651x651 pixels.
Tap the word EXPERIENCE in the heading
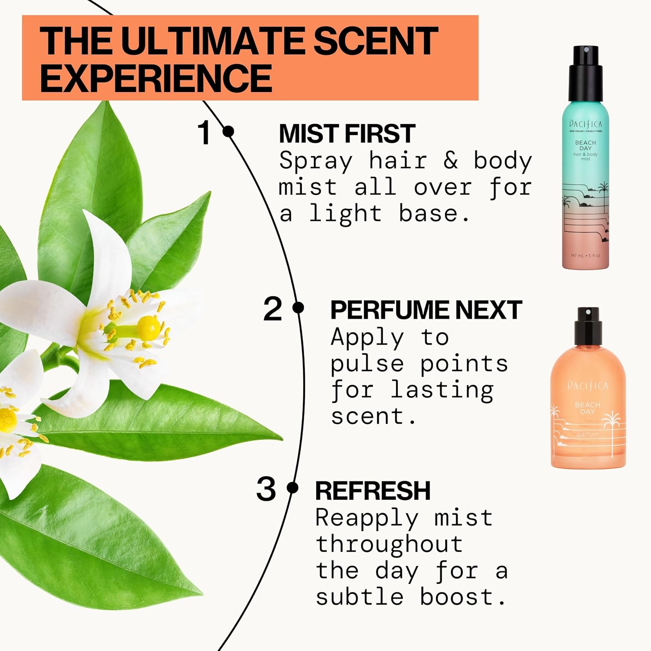(x=156, y=78)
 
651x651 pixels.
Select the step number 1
(x=204, y=132)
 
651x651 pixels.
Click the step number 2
(x=273, y=309)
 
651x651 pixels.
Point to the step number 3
(x=266, y=489)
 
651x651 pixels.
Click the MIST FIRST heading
(x=347, y=133)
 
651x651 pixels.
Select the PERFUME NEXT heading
(x=426, y=310)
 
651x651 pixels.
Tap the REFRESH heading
(x=372, y=491)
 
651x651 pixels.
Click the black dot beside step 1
(x=228, y=131)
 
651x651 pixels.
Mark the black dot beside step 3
(x=293, y=488)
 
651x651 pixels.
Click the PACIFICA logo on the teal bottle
(x=585, y=124)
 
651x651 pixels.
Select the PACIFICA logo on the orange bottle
(x=588, y=385)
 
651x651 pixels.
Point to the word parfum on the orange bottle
(x=587, y=434)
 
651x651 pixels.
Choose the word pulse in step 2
(x=367, y=364)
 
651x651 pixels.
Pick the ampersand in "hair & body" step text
(x=450, y=161)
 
